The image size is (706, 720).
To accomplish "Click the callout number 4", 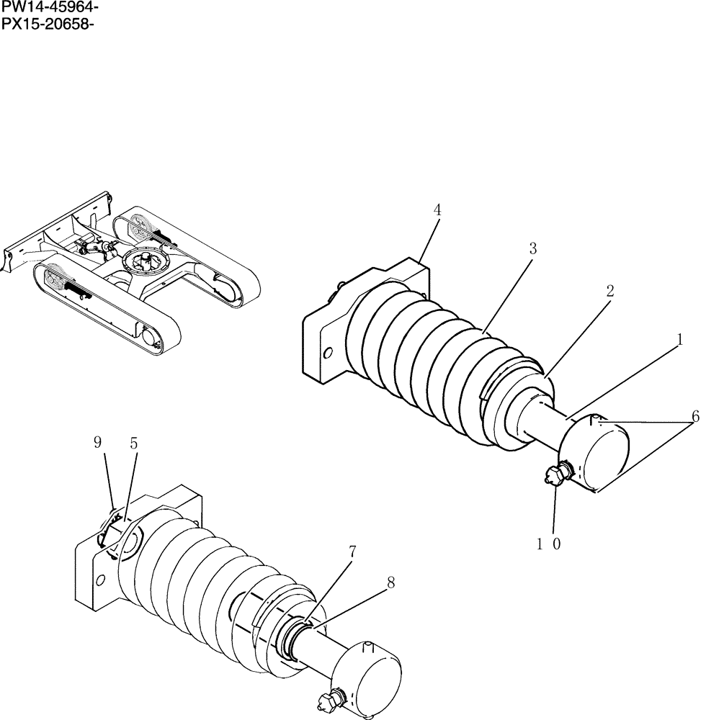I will [437, 210].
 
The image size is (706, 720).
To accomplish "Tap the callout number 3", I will [532, 248].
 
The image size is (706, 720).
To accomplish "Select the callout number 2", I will [609, 291].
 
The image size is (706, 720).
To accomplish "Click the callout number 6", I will [694, 415].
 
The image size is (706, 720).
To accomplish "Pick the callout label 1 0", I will [548, 544].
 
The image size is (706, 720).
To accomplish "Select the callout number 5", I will [133, 444].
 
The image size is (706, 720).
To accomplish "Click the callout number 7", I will [352, 552].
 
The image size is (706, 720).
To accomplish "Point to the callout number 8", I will [390, 583].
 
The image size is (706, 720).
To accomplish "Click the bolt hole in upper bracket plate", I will [329, 354].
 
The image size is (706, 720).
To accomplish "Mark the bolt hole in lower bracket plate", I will [102, 580].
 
